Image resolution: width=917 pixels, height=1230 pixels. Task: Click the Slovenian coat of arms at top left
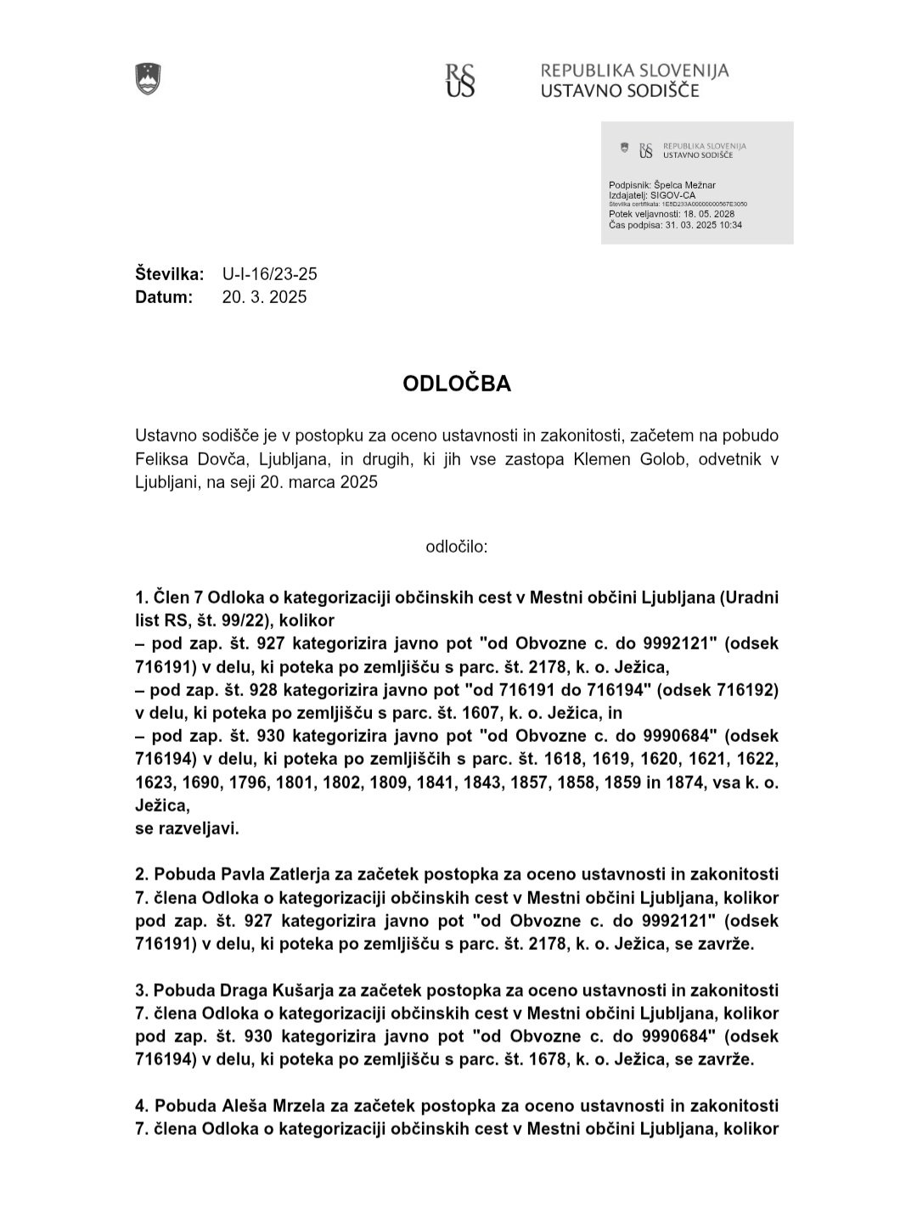pyautogui.click(x=148, y=79)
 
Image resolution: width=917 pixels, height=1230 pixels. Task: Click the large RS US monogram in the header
pyautogui.click(x=460, y=80)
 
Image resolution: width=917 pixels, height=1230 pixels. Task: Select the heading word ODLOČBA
pyautogui.click(x=457, y=384)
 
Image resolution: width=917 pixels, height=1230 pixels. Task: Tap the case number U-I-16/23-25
pyautogui.click(x=270, y=274)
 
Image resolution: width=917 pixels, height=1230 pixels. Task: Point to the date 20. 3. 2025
pyautogui.click(x=265, y=297)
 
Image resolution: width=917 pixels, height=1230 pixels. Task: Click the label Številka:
pyautogui.click(x=170, y=274)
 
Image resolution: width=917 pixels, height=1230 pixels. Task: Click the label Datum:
pyautogui.click(x=164, y=297)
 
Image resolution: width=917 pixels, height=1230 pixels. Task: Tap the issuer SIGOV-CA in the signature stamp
pyautogui.click(x=672, y=195)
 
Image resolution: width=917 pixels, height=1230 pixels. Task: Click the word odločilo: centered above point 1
pyautogui.click(x=457, y=547)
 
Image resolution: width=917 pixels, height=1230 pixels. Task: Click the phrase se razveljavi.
pyautogui.click(x=187, y=828)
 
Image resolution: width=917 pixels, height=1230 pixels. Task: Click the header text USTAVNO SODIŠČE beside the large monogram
pyautogui.click(x=621, y=90)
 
